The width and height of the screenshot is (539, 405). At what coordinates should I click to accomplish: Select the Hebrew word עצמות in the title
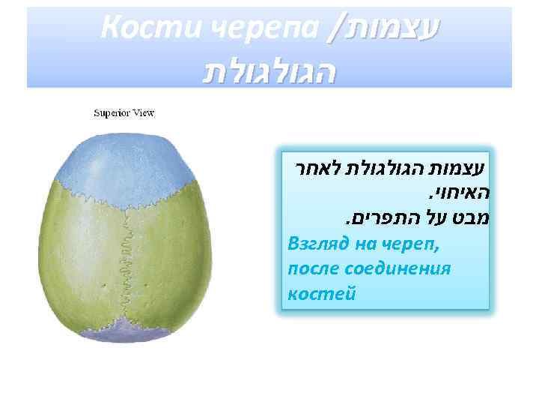click(x=392, y=29)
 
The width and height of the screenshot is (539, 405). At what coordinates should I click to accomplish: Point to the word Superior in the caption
click(x=112, y=113)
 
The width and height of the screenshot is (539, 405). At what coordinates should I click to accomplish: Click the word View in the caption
click(x=143, y=113)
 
